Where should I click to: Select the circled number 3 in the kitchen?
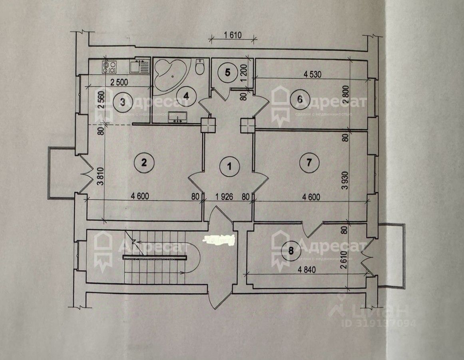coord(123,102)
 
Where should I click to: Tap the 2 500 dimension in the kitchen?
coord(117,83)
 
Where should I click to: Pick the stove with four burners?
coord(109,66)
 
